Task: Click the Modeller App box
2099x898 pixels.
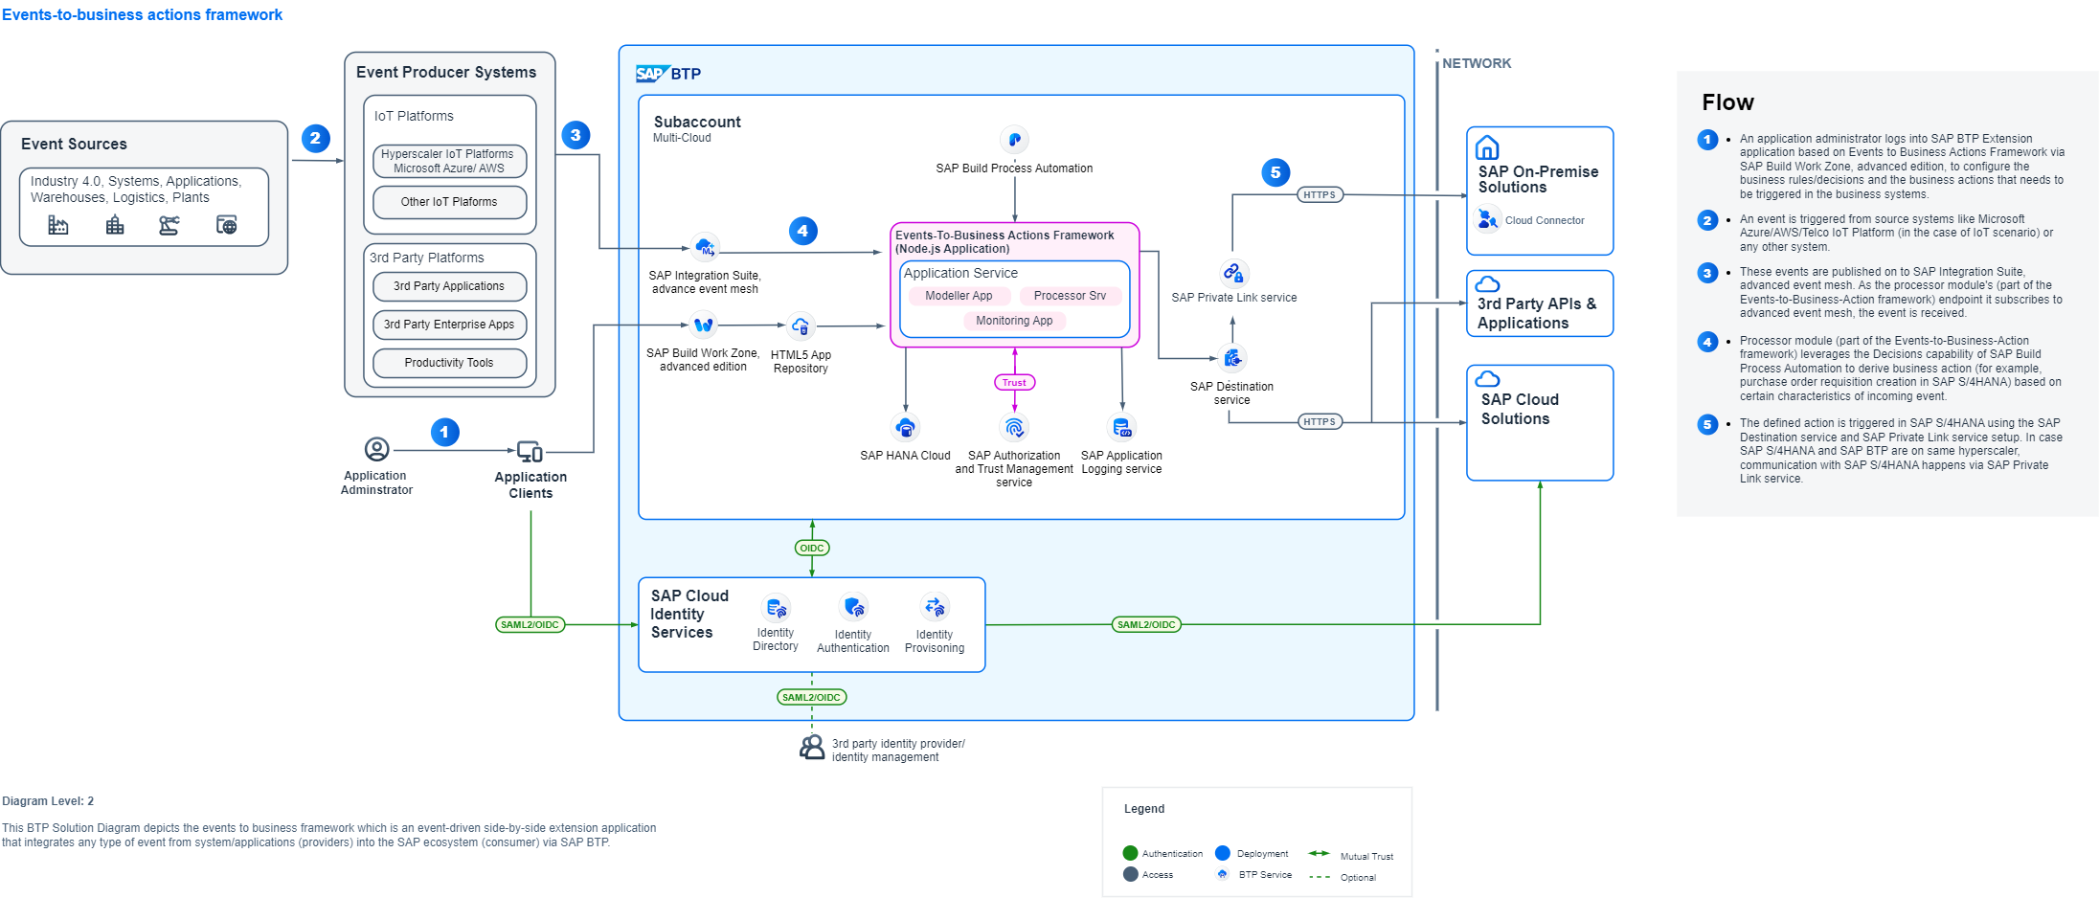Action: tap(959, 296)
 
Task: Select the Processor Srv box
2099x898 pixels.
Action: tap(1070, 296)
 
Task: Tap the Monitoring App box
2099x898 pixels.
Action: tap(1014, 321)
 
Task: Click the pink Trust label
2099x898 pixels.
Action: tap(1014, 383)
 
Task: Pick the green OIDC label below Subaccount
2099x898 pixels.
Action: tap(812, 549)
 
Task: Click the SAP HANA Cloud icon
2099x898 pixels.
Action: tap(905, 427)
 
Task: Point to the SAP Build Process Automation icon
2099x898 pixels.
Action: tap(1014, 140)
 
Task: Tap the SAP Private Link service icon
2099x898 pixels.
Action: tap(1233, 273)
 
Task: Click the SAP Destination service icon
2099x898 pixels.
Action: tap(1232, 358)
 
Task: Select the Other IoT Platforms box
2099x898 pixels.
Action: tap(449, 202)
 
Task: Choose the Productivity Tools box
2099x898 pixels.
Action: tap(449, 363)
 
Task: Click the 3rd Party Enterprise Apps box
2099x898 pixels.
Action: tap(449, 325)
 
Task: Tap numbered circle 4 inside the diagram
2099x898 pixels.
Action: tap(802, 231)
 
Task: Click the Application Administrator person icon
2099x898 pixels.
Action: tap(377, 449)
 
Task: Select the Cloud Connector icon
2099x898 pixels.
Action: tap(1487, 220)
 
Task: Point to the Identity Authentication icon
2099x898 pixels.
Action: tap(853, 607)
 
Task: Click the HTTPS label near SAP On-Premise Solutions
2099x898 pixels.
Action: tap(1319, 195)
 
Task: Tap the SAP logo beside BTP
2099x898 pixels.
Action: tap(650, 74)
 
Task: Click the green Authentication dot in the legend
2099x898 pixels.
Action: tap(1130, 853)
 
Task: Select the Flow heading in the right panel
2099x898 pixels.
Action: tap(1727, 102)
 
